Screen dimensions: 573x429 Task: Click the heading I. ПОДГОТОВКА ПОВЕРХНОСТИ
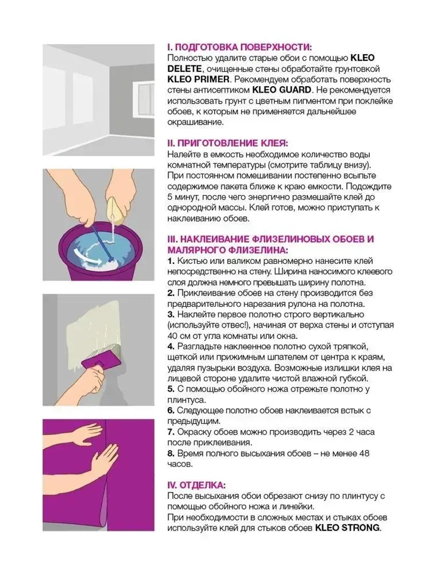click(x=239, y=47)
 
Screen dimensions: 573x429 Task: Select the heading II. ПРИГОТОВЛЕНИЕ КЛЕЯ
click(x=227, y=144)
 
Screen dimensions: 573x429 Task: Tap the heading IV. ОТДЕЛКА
click(x=196, y=485)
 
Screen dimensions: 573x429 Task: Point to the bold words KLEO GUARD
click(x=281, y=90)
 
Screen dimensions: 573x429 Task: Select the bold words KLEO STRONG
click(x=347, y=528)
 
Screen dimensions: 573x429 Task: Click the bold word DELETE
click(x=184, y=69)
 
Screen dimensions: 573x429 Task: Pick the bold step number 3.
click(x=171, y=315)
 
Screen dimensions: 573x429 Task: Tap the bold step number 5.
click(x=171, y=389)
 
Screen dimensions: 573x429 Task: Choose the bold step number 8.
click(x=171, y=453)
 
